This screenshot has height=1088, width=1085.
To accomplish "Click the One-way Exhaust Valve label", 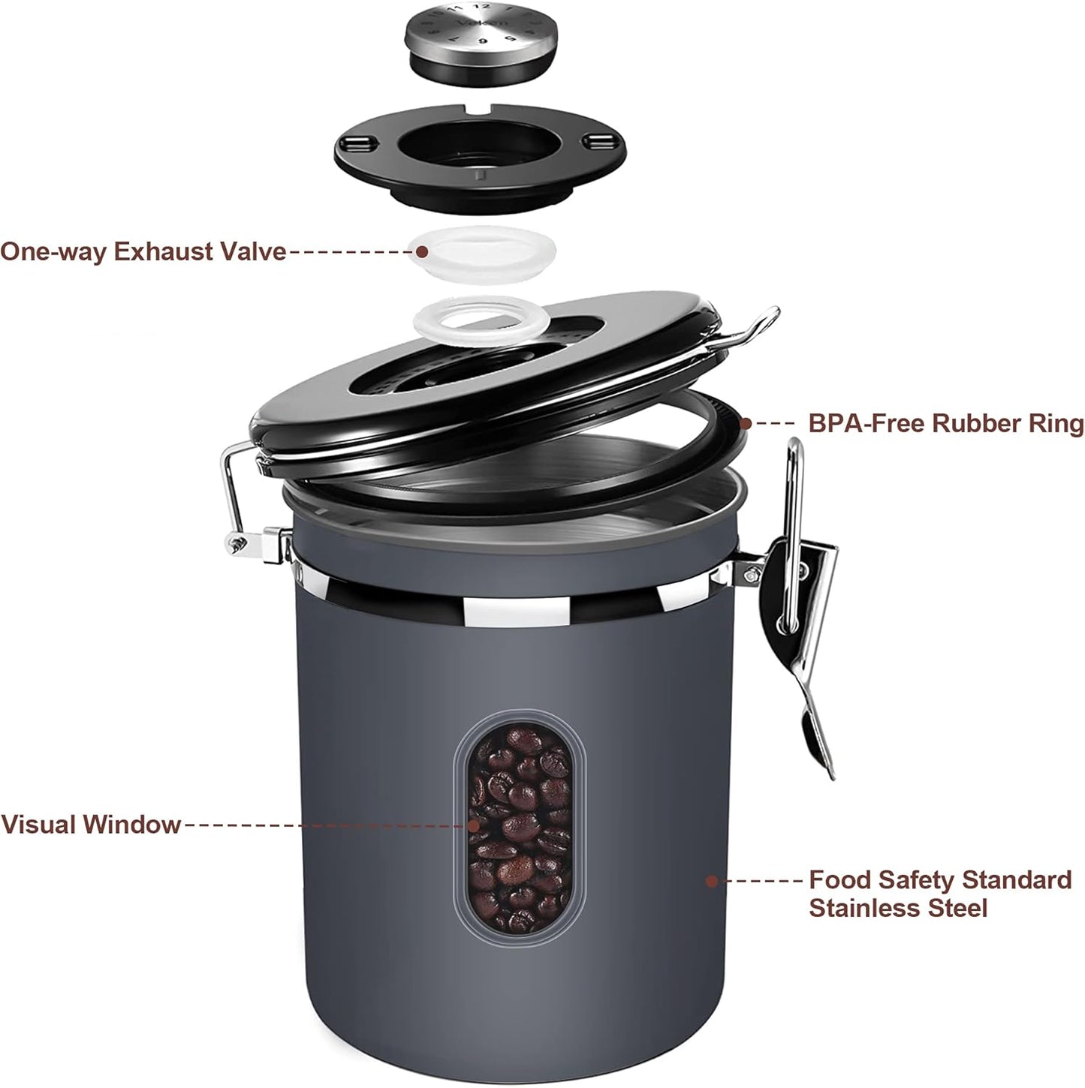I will (143, 251).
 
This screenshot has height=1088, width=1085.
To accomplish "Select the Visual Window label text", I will (91, 825).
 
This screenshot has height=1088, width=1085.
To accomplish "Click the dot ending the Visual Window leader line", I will (474, 825).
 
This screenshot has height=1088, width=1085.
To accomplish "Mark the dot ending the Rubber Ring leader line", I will (745, 423).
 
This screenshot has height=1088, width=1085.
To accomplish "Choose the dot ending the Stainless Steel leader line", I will (712, 880).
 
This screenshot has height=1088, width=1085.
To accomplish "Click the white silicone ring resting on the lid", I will (469, 318).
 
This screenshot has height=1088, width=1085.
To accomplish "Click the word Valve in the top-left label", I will (251, 251).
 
